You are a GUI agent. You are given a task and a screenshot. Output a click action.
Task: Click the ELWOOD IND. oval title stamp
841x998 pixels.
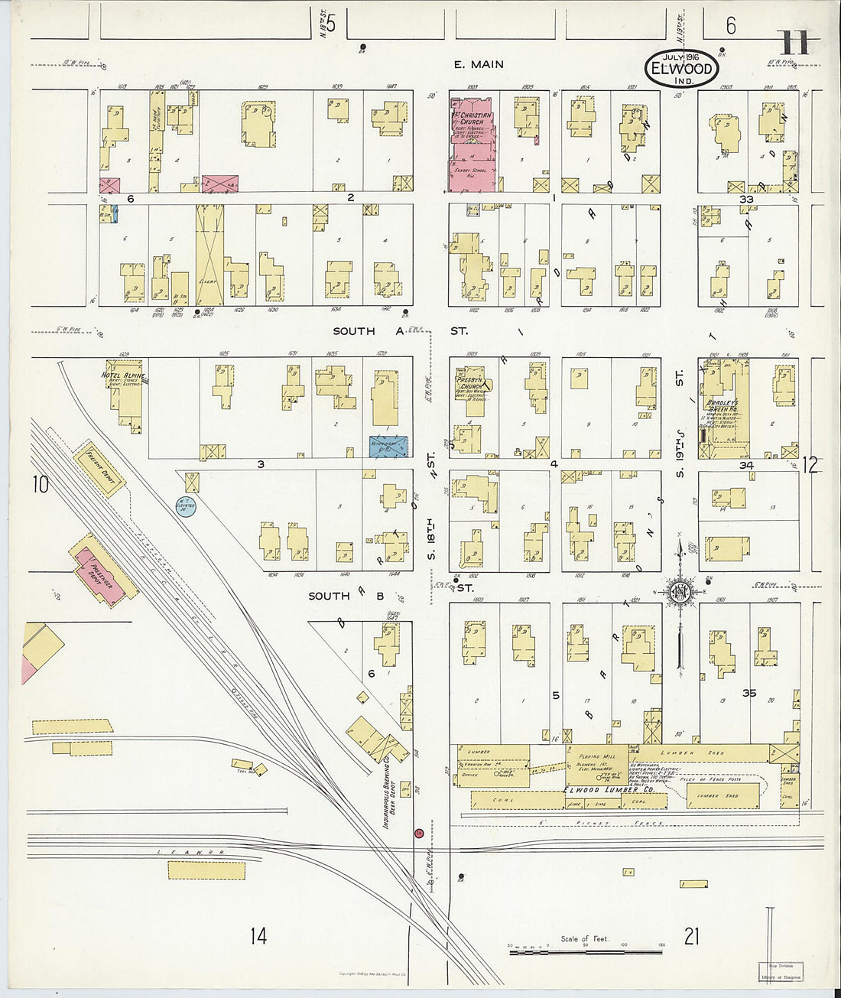pyautogui.click(x=681, y=69)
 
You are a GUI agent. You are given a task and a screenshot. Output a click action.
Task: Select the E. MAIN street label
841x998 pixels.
pyautogui.click(x=479, y=64)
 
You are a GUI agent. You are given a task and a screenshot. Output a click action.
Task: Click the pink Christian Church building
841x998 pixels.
pyautogui.click(x=472, y=144)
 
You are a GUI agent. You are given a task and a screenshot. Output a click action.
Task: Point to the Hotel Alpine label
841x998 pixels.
pyautogui.click(x=123, y=375)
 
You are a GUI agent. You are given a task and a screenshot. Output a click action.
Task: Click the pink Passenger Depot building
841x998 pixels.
pyautogui.click(x=104, y=574)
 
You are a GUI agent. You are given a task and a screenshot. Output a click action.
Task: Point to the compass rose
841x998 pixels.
pyautogui.click(x=679, y=593)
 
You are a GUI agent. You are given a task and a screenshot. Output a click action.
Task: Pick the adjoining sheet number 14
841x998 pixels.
pyautogui.click(x=258, y=935)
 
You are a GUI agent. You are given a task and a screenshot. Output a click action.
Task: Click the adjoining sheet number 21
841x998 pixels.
pyautogui.click(x=691, y=935)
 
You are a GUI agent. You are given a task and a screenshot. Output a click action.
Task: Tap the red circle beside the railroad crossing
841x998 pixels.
pyautogui.click(x=418, y=832)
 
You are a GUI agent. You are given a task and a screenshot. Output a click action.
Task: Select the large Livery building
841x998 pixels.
pyautogui.click(x=209, y=256)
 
